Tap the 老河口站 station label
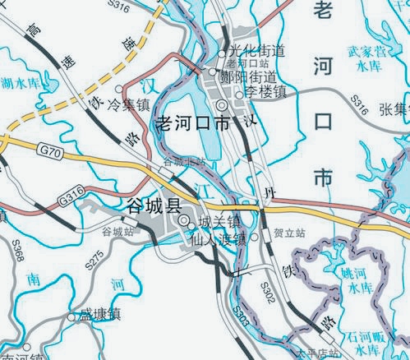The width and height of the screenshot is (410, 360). (247, 63)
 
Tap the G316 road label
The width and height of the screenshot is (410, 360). (72, 198)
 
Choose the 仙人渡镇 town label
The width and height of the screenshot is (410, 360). (218, 241)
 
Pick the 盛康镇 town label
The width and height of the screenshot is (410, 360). (100, 314)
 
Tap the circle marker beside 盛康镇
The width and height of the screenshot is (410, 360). (71, 315)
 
